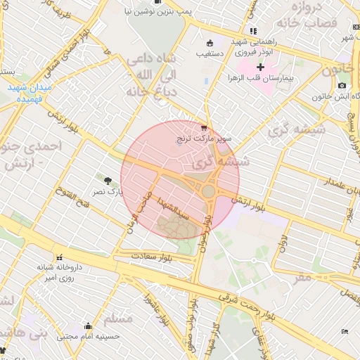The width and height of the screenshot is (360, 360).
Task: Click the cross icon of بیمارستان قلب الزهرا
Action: (260, 66)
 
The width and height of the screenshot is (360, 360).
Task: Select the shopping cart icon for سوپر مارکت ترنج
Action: (204, 128)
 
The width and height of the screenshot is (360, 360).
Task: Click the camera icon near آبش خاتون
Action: (342, 86)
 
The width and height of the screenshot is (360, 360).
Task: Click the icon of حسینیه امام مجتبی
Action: (88, 326)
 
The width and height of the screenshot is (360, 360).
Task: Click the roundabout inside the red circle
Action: (209, 191)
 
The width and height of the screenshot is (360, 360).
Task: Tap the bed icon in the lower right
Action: (344, 330)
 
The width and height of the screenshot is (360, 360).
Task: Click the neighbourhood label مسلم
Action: (118, 317)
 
